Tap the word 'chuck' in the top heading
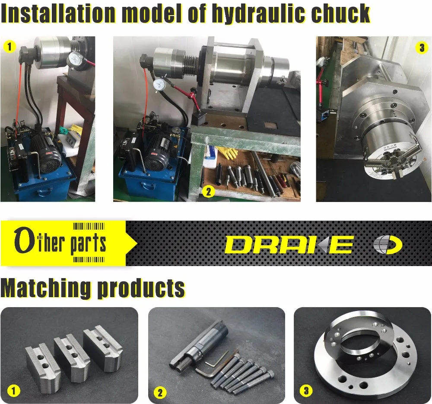click(x=338, y=14)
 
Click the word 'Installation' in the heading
click(x=58, y=14)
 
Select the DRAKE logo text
click(x=289, y=245)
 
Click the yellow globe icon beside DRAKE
click(x=388, y=245)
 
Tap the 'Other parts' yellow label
click(x=60, y=243)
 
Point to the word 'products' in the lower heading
click(x=141, y=289)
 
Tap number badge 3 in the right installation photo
click(x=422, y=48)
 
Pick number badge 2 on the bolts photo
click(x=160, y=393)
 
